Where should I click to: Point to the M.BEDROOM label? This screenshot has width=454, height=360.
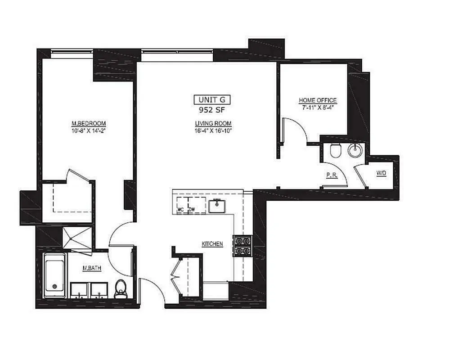pos(88,124)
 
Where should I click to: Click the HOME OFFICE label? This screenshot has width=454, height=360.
pos(318,100)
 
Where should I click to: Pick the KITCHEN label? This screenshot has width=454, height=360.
pos(212,244)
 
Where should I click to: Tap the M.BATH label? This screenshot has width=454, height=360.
pos(91,269)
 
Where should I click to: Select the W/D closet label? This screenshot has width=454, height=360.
pos(381,173)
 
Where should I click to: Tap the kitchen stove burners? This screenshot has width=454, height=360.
pos(242,246)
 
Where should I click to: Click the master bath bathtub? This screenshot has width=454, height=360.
pos(54,275)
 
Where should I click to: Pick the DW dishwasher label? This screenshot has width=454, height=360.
pos(192,209)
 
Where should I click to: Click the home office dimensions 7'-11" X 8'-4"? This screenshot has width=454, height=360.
pos(318,108)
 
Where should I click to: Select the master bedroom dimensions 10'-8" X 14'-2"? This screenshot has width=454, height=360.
pos(88,131)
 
